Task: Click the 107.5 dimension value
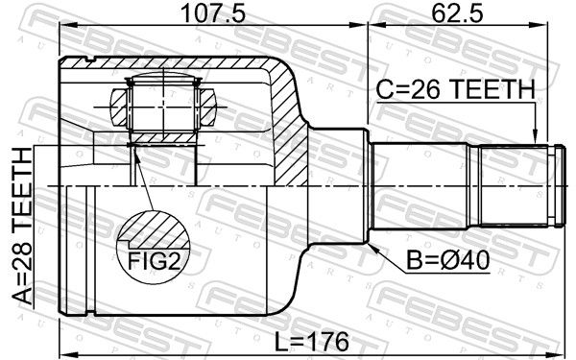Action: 213,13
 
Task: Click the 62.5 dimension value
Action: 457,13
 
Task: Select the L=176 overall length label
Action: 312,341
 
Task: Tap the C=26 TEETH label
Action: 455,89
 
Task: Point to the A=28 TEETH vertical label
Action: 23,226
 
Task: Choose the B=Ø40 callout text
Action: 447,260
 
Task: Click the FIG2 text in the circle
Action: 154,262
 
